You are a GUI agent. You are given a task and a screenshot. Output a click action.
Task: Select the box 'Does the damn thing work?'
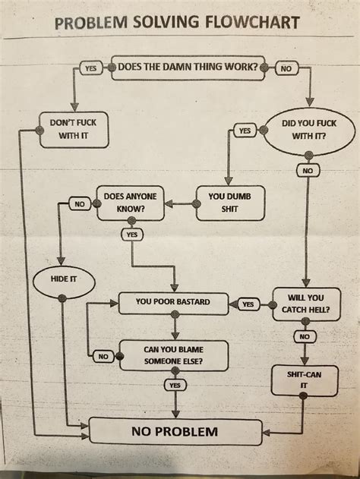click(x=188, y=67)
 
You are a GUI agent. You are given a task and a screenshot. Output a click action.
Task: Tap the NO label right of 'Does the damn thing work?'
click(x=287, y=68)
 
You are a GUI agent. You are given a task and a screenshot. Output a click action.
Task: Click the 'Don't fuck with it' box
click(x=73, y=128)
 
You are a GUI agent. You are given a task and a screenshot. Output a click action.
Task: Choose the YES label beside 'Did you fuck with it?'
click(x=244, y=131)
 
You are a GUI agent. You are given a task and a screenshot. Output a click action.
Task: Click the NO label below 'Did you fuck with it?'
click(x=306, y=171)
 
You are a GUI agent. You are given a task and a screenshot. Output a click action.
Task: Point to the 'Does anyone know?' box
click(x=130, y=202)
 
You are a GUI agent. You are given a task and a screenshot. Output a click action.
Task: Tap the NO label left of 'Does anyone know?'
click(x=79, y=203)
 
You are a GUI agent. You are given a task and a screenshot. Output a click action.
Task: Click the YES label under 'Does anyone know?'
click(x=131, y=235)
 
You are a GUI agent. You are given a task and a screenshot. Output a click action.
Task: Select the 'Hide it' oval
click(x=63, y=279)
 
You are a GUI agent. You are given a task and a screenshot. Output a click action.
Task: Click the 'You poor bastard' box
click(x=173, y=302)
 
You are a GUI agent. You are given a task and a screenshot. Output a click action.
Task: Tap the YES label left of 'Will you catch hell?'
click(x=248, y=304)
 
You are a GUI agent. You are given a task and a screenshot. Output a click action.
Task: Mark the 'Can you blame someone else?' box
click(x=174, y=354)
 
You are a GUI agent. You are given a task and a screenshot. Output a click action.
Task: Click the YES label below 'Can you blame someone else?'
click(x=175, y=385)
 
